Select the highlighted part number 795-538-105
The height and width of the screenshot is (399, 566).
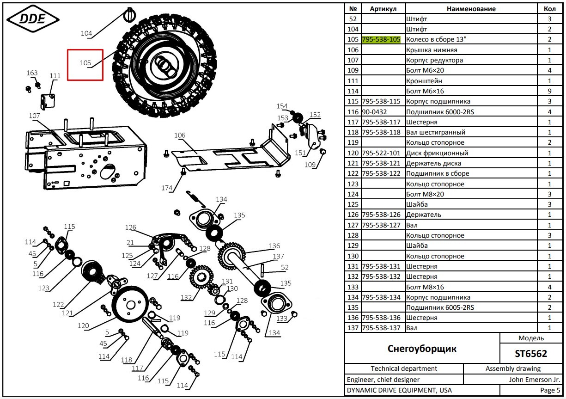click(381, 39)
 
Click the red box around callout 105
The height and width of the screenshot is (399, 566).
click(85, 65)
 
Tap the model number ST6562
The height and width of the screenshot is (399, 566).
click(531, 354)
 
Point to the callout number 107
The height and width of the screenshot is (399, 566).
click(34, 116)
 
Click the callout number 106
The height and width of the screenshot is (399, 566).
click(180, 135)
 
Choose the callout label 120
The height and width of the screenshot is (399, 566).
click(83, 326)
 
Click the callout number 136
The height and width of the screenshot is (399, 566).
click(274, 246)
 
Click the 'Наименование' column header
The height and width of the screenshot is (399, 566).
click(471, 9)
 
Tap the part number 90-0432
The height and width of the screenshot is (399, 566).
click(374, 112)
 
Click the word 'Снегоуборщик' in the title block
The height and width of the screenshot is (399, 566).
click(422, 349)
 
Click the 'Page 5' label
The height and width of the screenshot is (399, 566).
click(550, 390)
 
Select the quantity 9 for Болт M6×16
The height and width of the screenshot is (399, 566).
click(549, 91)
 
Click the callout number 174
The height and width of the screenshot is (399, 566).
click(167, 188)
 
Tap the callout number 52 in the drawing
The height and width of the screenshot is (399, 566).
click(285, 267)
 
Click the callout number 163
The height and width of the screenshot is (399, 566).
click(32, 73)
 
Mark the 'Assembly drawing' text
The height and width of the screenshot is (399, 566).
click(513, 368)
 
